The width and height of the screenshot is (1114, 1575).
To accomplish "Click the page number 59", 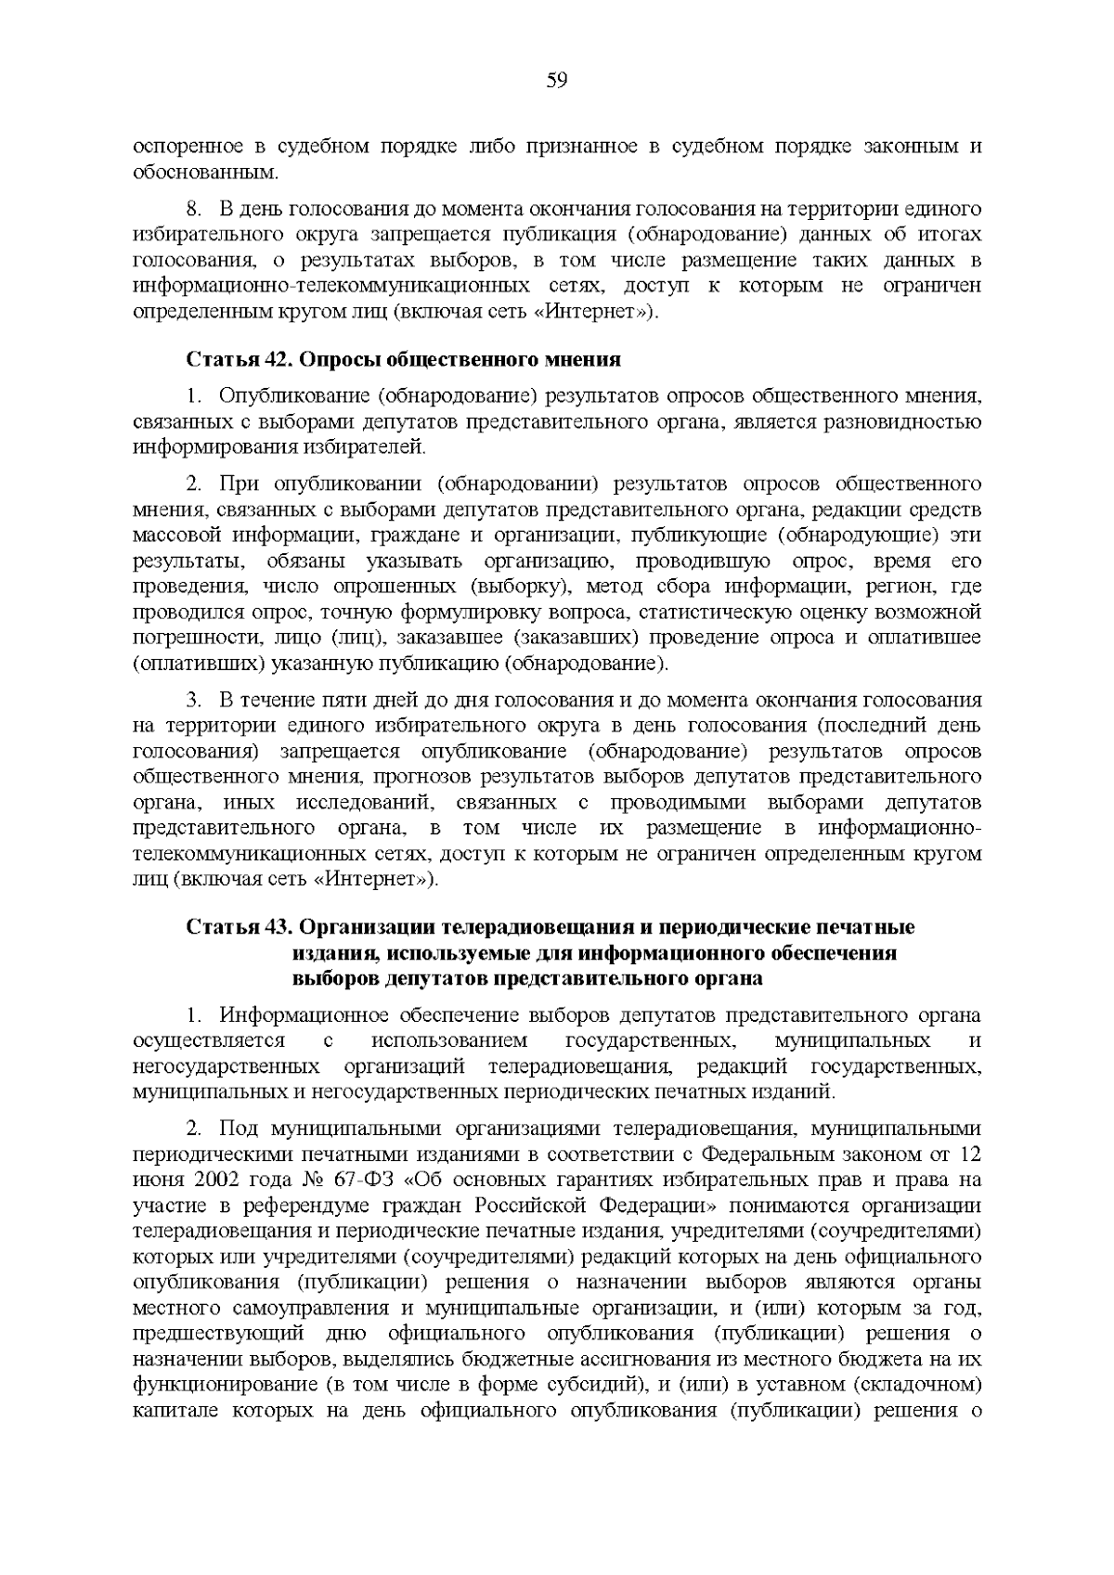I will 556,81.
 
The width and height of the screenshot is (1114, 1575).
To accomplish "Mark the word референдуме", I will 304,1206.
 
